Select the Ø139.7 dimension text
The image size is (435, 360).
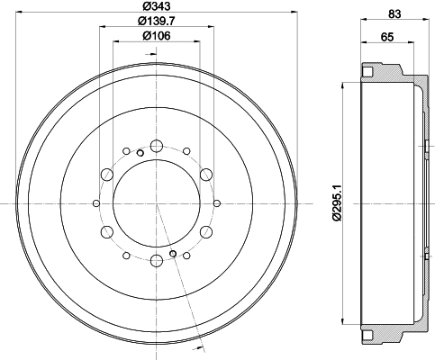point(157,21)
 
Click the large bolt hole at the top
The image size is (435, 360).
point(157,147)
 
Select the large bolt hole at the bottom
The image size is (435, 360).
point(157,261)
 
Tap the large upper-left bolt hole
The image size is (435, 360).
point(107,175)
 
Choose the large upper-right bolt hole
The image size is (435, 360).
point(206,175)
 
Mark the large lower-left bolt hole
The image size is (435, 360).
point(107,232)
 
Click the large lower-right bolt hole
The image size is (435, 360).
point(206,232)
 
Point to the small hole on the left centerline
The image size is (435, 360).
point(99,203)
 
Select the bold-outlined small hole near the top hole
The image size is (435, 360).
point(140,153)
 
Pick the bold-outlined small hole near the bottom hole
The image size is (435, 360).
point(174,255)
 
